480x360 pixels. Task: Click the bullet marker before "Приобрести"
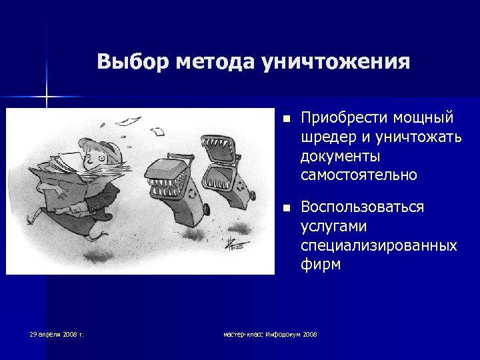(x=285, y=119)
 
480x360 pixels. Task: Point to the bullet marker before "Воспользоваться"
(x=285, y=208)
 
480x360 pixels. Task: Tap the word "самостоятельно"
(x=359, y=175)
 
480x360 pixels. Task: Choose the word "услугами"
(x=333, y=227)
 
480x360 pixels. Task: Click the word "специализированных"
(x=379, y=245)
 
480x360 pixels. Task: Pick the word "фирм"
(x=321, y=265)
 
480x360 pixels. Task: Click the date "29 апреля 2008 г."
(x=56, y=333)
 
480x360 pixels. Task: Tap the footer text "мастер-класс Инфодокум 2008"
(x=270, y=333)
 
